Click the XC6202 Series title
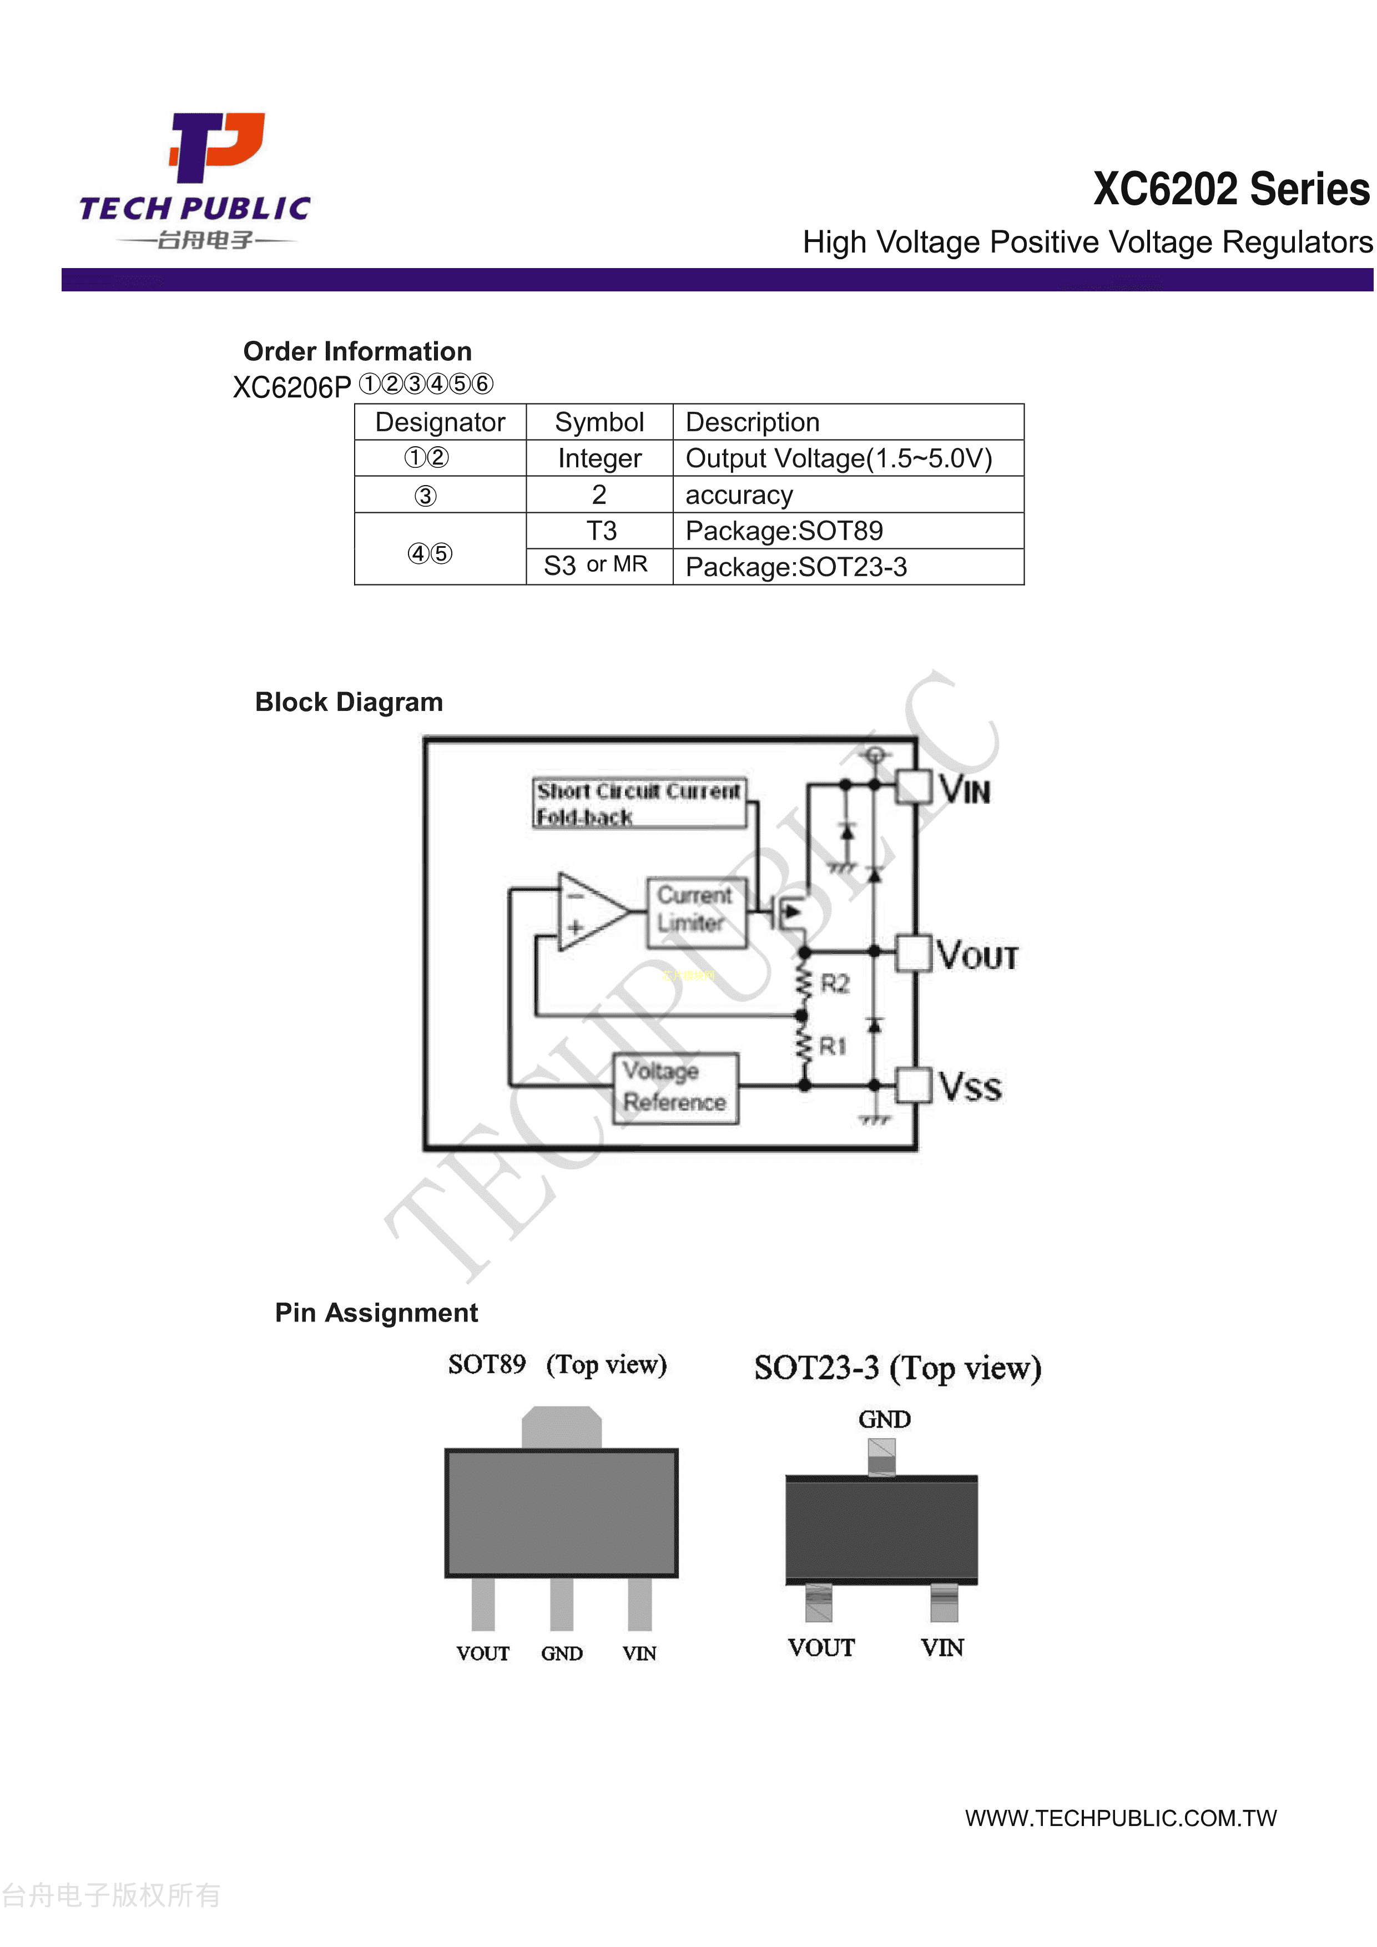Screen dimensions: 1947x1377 1230,189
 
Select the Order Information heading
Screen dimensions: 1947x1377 357,351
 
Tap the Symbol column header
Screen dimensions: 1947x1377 599,422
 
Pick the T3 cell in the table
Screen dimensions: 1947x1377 601,531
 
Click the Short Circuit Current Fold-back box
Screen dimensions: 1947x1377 638,803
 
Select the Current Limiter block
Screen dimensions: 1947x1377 695,910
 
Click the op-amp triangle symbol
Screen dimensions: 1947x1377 590,911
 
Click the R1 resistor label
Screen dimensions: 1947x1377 832,1046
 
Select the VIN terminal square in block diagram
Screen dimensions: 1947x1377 913,786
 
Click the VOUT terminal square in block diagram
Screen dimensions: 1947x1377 913,952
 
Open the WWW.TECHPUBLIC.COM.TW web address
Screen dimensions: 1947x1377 1120,1817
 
